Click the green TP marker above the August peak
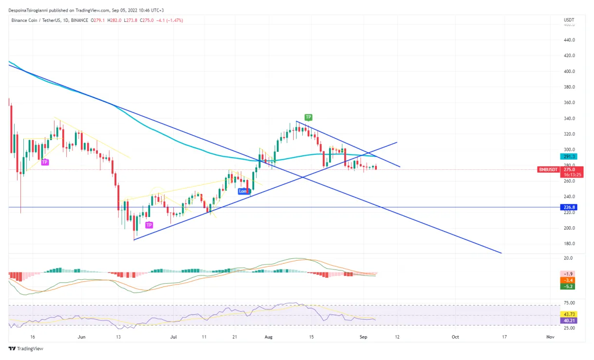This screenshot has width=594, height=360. [308, 117]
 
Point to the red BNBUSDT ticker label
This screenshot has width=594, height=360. [549, 170]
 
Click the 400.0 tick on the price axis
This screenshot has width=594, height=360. [569, 71]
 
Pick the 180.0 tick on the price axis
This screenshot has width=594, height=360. [569, 244]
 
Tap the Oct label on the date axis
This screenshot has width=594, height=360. [455, 337]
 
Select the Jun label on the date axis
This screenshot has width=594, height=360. [81, 337]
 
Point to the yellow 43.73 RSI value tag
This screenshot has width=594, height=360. [568, 315]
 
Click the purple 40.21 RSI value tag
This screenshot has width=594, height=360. [568, 321]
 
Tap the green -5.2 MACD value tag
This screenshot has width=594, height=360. [568, 287]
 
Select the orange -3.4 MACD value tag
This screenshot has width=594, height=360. [568, 280]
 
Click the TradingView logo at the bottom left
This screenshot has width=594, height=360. [25, 349]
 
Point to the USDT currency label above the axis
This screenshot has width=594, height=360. [569, 20]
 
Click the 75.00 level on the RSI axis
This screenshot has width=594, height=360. [569, 303]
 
